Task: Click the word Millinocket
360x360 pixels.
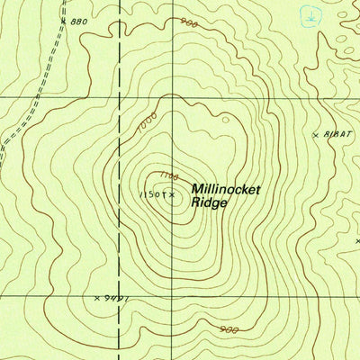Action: click(x=225, y=190)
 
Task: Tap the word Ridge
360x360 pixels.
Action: click(x=210, y=204)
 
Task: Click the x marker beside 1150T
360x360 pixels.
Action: click(x=171, y=193)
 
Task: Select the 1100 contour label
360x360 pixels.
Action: click(x=168, y=176)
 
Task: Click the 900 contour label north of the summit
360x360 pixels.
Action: click(x=187, y=23)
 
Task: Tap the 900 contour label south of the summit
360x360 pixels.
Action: click(x=229, y=329)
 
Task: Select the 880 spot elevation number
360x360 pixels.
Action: click(x=78, y=21)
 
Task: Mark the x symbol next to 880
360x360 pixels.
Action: click(x=63, y=19)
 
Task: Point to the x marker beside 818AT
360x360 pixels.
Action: click(x=316, y=135)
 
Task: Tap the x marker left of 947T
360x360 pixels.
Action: click(x=97, y=297)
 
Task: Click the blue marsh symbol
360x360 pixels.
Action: click(x=309, y=15)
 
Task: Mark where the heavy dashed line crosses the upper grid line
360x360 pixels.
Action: click(x=120, y=96)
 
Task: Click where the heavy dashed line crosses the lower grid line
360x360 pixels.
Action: click(x=120, y=294)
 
